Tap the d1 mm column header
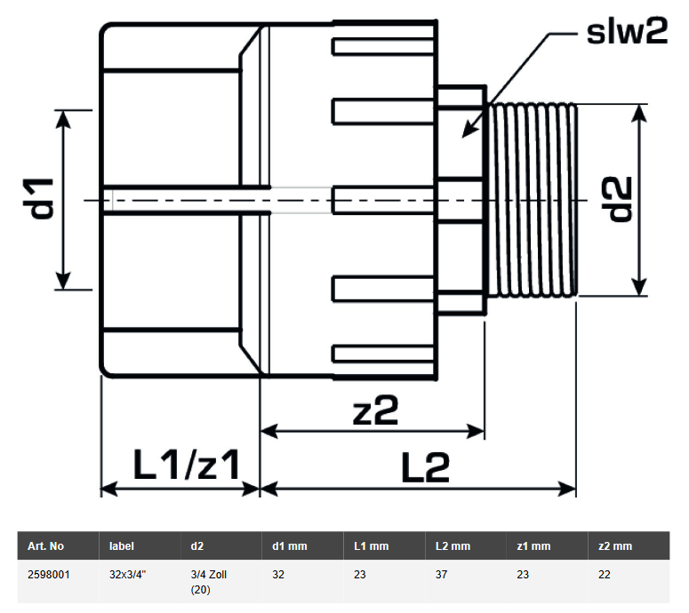290,545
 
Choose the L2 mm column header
452,545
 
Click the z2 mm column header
615,545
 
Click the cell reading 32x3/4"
128,575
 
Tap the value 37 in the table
441,575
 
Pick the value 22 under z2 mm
605,575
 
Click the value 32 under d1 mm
277,575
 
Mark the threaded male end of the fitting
533,200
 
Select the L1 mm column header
372,545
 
